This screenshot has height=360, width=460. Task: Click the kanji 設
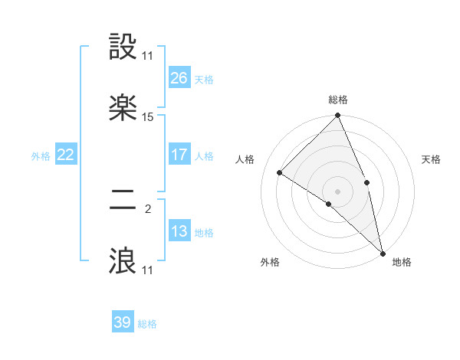(123, 48)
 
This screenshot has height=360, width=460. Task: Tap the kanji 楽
(123, 108)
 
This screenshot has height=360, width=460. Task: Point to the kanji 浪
(123, 260)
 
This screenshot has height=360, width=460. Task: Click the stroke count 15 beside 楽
(148, 117)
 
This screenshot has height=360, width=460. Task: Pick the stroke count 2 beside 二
(148, 209)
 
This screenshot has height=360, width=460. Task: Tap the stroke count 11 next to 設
(148, 57)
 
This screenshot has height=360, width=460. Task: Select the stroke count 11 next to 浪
(148, 270)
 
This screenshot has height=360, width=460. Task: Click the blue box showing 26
(179, 77)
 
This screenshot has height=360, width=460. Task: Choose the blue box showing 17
(179, 155)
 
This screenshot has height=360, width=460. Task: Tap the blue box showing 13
(179, 231)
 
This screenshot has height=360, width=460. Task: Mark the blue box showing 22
(66, 155)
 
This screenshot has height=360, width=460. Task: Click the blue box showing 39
(123, 322)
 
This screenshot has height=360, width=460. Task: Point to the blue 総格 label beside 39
(147, 324)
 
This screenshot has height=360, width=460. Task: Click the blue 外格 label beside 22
(41, 156)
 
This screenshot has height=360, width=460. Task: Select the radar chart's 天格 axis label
(431, 159)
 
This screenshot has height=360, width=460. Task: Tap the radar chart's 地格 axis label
(402, 262)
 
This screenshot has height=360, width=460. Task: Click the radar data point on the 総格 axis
(338, 116)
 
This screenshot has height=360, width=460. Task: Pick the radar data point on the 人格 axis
(280, 172)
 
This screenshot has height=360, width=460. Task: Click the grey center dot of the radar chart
(338, 191)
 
